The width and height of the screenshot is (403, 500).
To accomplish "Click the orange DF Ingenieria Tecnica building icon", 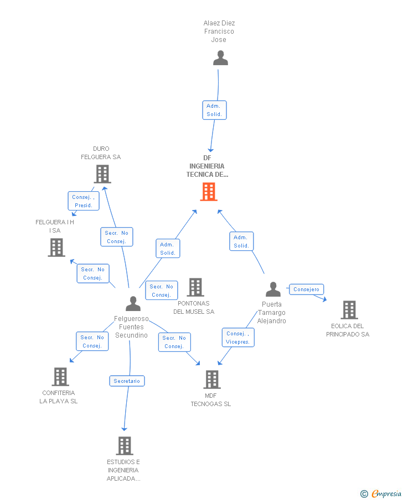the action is (x=209, y=192).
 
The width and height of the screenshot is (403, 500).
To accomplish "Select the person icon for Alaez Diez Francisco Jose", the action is (x=220, y=57).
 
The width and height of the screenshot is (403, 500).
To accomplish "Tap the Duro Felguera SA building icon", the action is (x=102, y=174).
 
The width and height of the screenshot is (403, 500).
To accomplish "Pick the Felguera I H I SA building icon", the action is (x=56, y=248).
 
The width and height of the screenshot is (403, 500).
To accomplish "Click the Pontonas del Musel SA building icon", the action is (x=195, y=287).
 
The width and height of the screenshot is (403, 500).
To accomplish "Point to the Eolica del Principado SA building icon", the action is (x=349, y=310).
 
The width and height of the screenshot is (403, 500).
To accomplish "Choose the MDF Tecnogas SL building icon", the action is (x=212, y=380).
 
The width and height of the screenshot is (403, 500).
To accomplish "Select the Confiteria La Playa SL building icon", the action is (x=60, y=377).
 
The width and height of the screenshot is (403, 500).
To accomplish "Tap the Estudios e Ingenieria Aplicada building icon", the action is (x=125, y=446).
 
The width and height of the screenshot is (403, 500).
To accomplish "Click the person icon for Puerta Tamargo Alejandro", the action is (x=273, y=289).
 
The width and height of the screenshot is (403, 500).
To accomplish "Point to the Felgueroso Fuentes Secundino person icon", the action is (x=133, y=303).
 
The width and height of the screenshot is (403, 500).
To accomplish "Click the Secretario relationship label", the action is (x=127, y=381).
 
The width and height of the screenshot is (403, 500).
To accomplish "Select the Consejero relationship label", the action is (x=307, y=289).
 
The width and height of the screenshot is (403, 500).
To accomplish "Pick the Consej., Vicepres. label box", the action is (x=238, y=338).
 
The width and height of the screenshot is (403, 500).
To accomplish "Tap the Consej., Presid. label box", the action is (x=84, y=201).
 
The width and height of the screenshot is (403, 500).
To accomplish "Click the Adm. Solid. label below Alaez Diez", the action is (x=214, y=110).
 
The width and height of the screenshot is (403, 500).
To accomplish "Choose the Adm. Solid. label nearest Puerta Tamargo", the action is (x=241, y=241).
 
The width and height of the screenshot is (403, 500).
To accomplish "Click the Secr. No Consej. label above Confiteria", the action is (x=92, y=341).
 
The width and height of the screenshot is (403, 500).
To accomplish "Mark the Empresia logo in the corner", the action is (x=381, y=493).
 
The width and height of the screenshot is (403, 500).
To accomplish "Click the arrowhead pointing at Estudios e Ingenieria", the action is (x=125, y=429).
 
